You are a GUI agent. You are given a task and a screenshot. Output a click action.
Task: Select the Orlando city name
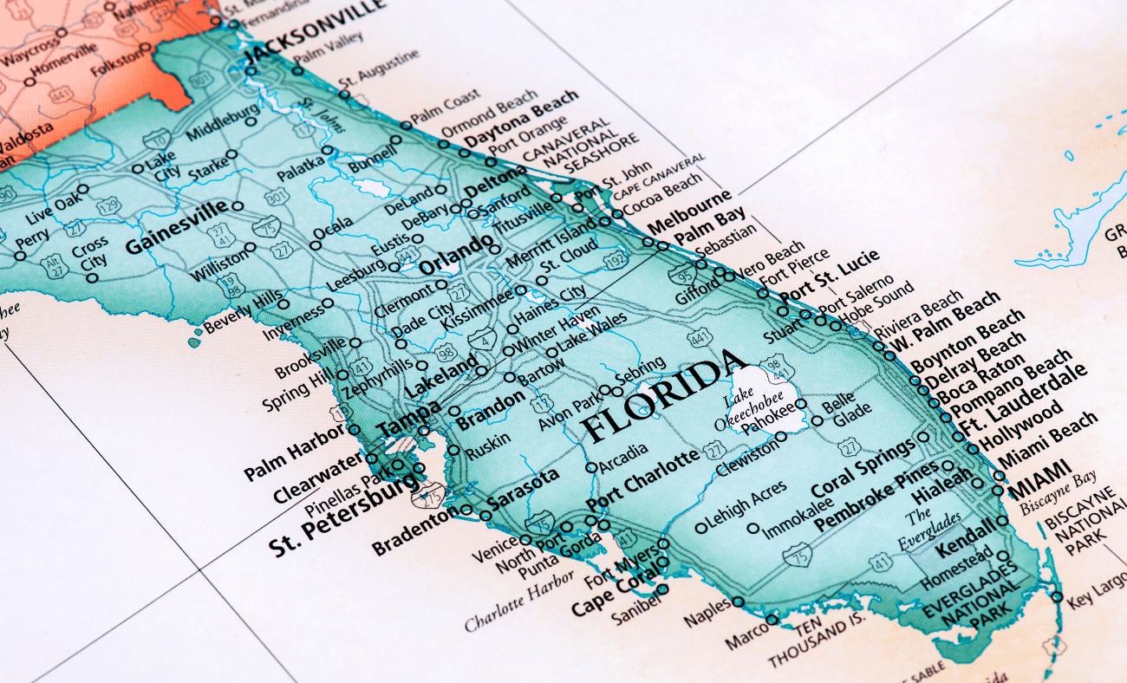pyautogui.click(x=455, y=256)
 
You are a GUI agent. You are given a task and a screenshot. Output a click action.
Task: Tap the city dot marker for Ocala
pyautogui.click(x=316, y=245)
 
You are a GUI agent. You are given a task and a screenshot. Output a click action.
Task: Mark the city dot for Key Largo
pyautogui.click(x=1056, y=596)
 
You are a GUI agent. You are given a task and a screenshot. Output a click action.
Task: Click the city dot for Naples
pyautogui.click(x=738, y=602)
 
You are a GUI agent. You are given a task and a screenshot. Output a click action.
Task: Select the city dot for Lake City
pyautogui.click(x=137, y=168)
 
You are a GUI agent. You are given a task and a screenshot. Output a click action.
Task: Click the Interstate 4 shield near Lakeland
pyautogui.click(x=482, y=338)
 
